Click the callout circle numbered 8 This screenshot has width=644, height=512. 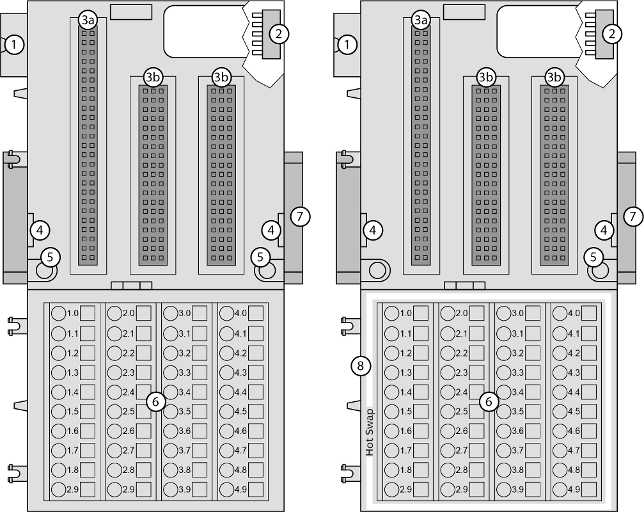(360, 366)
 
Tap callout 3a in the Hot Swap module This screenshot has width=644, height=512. (420, 20)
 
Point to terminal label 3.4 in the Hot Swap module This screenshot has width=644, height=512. (517, 391)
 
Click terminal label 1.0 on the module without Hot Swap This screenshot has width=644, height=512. (72, 314)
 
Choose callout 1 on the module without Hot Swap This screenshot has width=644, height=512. (13, 45)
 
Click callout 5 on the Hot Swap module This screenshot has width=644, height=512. (595, 257)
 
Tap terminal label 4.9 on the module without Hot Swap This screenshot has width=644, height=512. (239, 488)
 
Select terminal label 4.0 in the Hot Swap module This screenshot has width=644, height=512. (573, 314)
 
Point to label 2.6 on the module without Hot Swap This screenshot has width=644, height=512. (128, 430)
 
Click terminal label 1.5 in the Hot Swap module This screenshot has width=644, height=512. (405, 411)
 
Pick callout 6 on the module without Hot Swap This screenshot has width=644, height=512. (155, 401)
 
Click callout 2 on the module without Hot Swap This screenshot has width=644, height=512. (279, 33)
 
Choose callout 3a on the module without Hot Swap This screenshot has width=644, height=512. (87, 20)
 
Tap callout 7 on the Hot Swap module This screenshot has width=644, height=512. (631, 215)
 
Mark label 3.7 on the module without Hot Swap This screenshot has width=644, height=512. (184, 450)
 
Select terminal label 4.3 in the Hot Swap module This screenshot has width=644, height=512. (573, 372)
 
